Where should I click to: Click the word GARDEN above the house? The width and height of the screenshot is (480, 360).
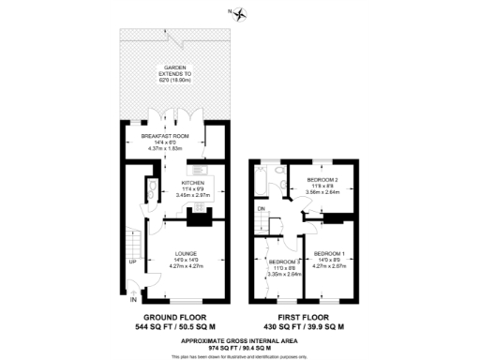click(175, 67)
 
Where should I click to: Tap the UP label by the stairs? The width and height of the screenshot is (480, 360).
click(132, 262)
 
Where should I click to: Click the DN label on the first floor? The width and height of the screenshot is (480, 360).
click(262, 208)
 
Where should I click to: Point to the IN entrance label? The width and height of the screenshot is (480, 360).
click(132, 300)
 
